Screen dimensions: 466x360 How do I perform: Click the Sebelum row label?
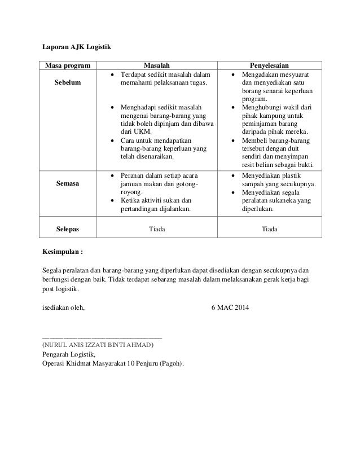pyautogui.click(x=67, y=83)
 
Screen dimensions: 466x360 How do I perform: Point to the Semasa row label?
pyautogui.click(x=67, y=183)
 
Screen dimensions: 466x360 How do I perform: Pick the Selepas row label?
pyautogui.click(x=67, y=230)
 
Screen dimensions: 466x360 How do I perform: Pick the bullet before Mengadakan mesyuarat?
pyautogui.click(x=232, y=74)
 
